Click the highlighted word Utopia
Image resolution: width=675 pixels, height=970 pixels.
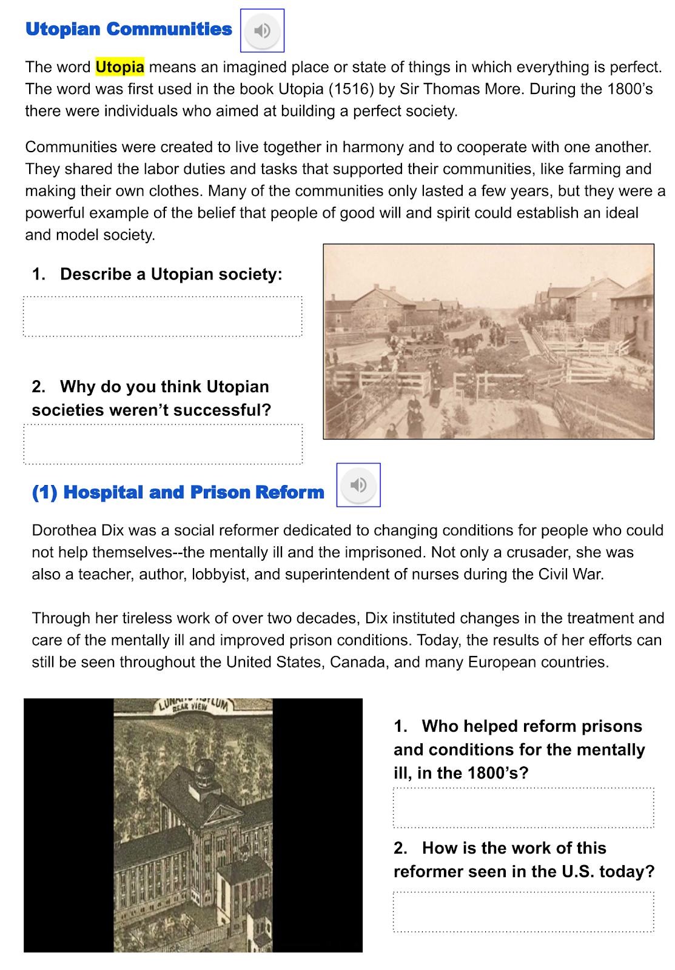pyautogui.click(x=119, y=67)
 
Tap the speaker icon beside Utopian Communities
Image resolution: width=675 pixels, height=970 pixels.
pyautogui.click(x=262, y=30)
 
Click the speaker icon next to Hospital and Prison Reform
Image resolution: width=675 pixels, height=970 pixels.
pyautogui.click(x=358, y=485)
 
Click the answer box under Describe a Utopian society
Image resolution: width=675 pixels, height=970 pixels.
pyautogui.click(x=163, y=316)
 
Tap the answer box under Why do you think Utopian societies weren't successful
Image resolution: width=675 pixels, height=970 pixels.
pyautogui.click(x=163, y=444)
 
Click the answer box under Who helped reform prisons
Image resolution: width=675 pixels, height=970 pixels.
pyautogui.click(x=523, y=808)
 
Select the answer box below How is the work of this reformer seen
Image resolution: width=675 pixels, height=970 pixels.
pyautogui.click(x=523, y=911)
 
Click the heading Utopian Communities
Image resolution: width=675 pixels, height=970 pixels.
pyautogui.click(x=129, y=29)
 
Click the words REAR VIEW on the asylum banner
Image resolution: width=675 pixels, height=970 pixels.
pyautogui.click(x=190, y=707)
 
